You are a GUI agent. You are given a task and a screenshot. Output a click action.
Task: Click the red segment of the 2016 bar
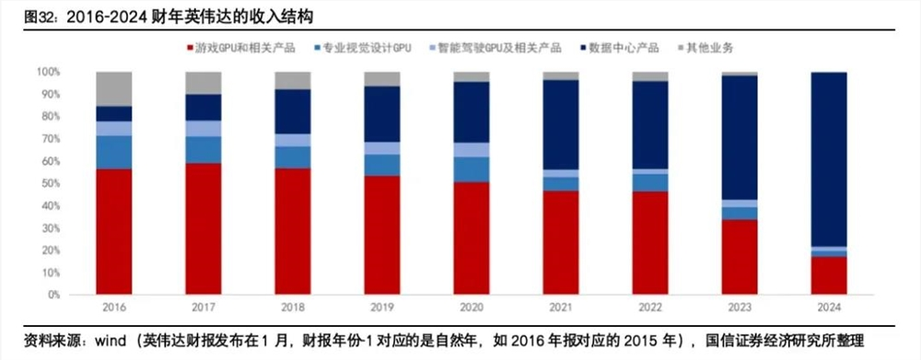tap(113, 231)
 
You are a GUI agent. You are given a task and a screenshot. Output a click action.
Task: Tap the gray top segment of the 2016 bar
tap(113, 88)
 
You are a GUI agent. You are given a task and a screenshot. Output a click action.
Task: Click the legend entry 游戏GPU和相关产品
tap(242, 46)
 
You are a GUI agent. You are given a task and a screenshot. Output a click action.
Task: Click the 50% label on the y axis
tap(50, 183)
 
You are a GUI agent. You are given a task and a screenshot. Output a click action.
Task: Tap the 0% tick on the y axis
tap(52, 295)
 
